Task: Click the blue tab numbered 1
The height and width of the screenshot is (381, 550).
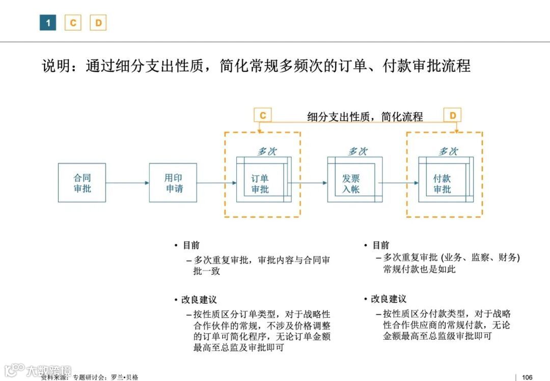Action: pyautogui.click(x=48, y=22)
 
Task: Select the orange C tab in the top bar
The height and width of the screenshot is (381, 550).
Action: pyautogui.click(x=73, y=22)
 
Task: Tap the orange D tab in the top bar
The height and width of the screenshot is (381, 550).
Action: pyautogui.click(x=98, y=22)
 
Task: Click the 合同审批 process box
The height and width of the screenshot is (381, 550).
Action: pyautogui.click(x=82, y=183)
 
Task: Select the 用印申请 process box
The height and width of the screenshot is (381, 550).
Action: pyautogui.click(x=173, y=183)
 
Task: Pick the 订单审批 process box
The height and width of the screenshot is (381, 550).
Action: pyautogui.click(x=260, y=183)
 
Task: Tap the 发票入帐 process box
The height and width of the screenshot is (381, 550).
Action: pyautogui.click(x=351, y=183)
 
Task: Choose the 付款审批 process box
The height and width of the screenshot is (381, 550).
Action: pyautogui.click(x=442, y=183)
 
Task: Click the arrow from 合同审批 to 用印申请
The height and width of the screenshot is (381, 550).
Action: pyautogui.click(x=127, y=183)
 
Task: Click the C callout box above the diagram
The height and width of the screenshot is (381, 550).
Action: pyautogui.click(x=263, y=115)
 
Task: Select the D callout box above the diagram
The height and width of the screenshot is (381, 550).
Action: pyautogui.click(x=453, y=115)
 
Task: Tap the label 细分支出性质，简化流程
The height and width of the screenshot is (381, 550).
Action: pyautogui.click(x=365, y=117)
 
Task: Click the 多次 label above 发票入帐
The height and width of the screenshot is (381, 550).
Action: pyautogui.click(x=358, y=151)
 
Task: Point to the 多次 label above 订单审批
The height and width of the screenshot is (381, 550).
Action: pyautogui.click(x=267, y=151)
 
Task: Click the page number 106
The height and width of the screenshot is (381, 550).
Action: pyautogui.click(x=527, y=377)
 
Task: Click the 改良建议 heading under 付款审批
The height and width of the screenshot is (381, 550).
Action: pyautogui.click(x=389, y=299)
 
